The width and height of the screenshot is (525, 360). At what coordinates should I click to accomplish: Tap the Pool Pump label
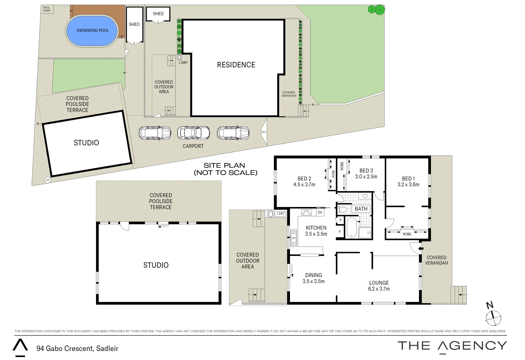pos(47,9)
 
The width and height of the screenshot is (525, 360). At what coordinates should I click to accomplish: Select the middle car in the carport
pos(193,133)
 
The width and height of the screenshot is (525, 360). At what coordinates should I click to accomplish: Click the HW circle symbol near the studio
pos(48,180)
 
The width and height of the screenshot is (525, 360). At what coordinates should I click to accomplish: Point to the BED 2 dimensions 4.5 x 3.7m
pos(304,184)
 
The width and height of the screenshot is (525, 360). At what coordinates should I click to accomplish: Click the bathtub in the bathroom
pos(351,227)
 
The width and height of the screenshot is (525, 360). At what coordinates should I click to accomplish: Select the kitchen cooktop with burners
pos(306,212)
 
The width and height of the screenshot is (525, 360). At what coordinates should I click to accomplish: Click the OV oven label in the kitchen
pos(320,212)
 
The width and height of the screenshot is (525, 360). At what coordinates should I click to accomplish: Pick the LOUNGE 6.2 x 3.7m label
pos(379,286)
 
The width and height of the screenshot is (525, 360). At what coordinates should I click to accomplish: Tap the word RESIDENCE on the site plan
pos(236,65)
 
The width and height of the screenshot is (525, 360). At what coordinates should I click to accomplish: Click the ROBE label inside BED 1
pos(407,234)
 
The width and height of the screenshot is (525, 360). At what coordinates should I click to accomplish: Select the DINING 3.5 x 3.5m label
pos(313,278)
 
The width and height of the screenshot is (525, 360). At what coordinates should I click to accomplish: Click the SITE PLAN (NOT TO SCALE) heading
pos(225,169)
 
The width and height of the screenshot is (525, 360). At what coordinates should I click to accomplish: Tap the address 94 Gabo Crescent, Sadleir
pos(77,349)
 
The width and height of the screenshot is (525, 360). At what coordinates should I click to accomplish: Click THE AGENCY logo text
pos(452,346)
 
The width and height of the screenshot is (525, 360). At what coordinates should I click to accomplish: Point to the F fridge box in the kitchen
pos(340,232)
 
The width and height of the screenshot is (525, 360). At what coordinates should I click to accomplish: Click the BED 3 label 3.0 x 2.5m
pos(366,174)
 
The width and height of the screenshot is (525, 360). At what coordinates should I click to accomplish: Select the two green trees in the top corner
pos(376,10)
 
